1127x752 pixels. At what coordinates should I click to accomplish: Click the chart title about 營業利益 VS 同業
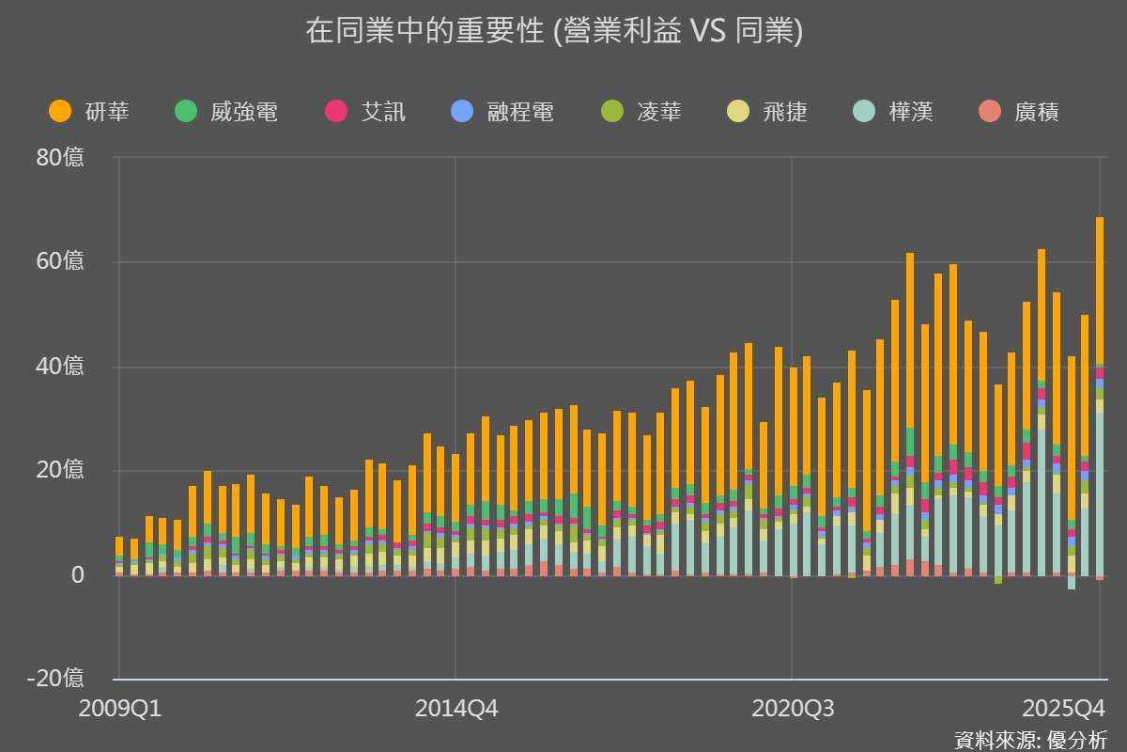[x=554, y=32]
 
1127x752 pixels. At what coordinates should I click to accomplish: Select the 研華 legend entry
[x=89, y=113]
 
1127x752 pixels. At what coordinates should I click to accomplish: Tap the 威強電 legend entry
[x=226, y=113]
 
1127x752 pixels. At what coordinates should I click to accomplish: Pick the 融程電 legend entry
[x=502, y=113]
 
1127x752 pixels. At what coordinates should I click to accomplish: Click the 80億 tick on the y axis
[x=61, y=158]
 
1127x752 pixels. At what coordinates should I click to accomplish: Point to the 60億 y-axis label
[x=61, y=261]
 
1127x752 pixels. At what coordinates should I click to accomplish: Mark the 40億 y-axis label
[x=61, y=366]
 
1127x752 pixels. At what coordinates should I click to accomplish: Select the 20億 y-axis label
[x=61, y=470]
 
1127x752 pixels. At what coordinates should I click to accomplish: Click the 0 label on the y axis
[x=77, y=574]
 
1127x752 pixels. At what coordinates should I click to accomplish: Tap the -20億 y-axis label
[x=56, y=678]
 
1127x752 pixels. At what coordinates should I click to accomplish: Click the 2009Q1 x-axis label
[x=119, y=708]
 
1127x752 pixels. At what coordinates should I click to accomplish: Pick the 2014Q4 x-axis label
[x=455, y=708]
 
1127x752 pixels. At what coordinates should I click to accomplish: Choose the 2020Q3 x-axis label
[x=793, y=708]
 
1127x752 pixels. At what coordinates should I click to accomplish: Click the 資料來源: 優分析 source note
[x=1031, y=739]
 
